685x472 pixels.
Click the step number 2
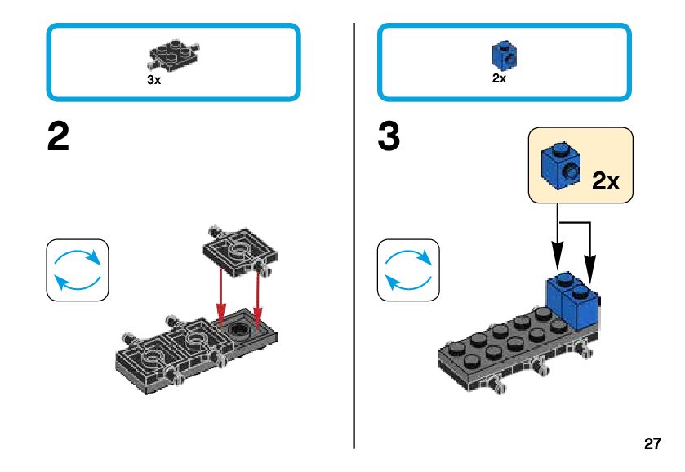pyautogui.click(x=58, y=138)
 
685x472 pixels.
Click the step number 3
pyautogui.click(x=389, y=138)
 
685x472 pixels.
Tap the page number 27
pyautogui.click(x=652, y=444)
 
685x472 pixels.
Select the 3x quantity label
pyautogui.click(x=153, y=81)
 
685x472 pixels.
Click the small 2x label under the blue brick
pyautogui.click(x=499, y=79)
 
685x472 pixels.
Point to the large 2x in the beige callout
pyautogui.click(x=605, y=180)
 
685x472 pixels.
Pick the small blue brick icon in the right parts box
pyautogui.click(x=501, y=55)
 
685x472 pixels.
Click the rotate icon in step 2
pyautogui.click(x=78, y=269)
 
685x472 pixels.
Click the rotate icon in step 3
pyautogui.click(x=408, y=269)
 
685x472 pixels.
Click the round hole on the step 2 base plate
pyautogui.click(x=238, y=330)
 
